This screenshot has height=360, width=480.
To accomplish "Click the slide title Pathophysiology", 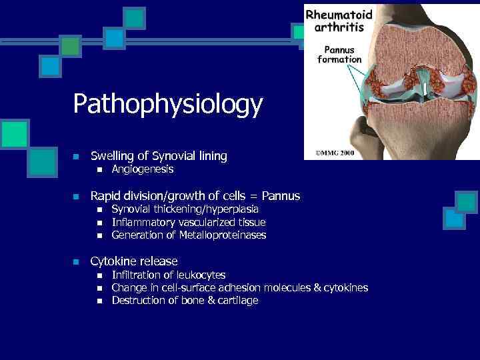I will point(168,105).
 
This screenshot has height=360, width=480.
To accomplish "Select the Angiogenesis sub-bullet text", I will point(142,170).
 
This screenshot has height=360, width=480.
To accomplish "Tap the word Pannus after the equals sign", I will point(281,196).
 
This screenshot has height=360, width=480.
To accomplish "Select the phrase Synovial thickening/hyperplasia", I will point(185,209).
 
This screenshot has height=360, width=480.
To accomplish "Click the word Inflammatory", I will point(143,222).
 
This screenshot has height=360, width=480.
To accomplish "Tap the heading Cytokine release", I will point(134,261).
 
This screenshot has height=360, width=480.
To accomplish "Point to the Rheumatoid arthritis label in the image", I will point(339,21).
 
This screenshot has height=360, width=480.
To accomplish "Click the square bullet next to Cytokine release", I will point(76,262).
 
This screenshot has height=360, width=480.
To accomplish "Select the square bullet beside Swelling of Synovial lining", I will point(76,157).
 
